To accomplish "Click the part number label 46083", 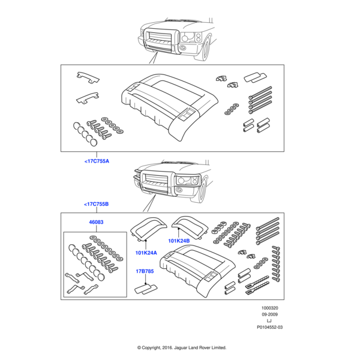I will click(96, 222).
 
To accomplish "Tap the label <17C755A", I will click(96, 161).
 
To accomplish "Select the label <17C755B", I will click(96, 204).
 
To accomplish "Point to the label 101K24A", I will click(146, 253).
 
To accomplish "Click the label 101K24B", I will click(179, 241).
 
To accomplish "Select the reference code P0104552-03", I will click(269, 328).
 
